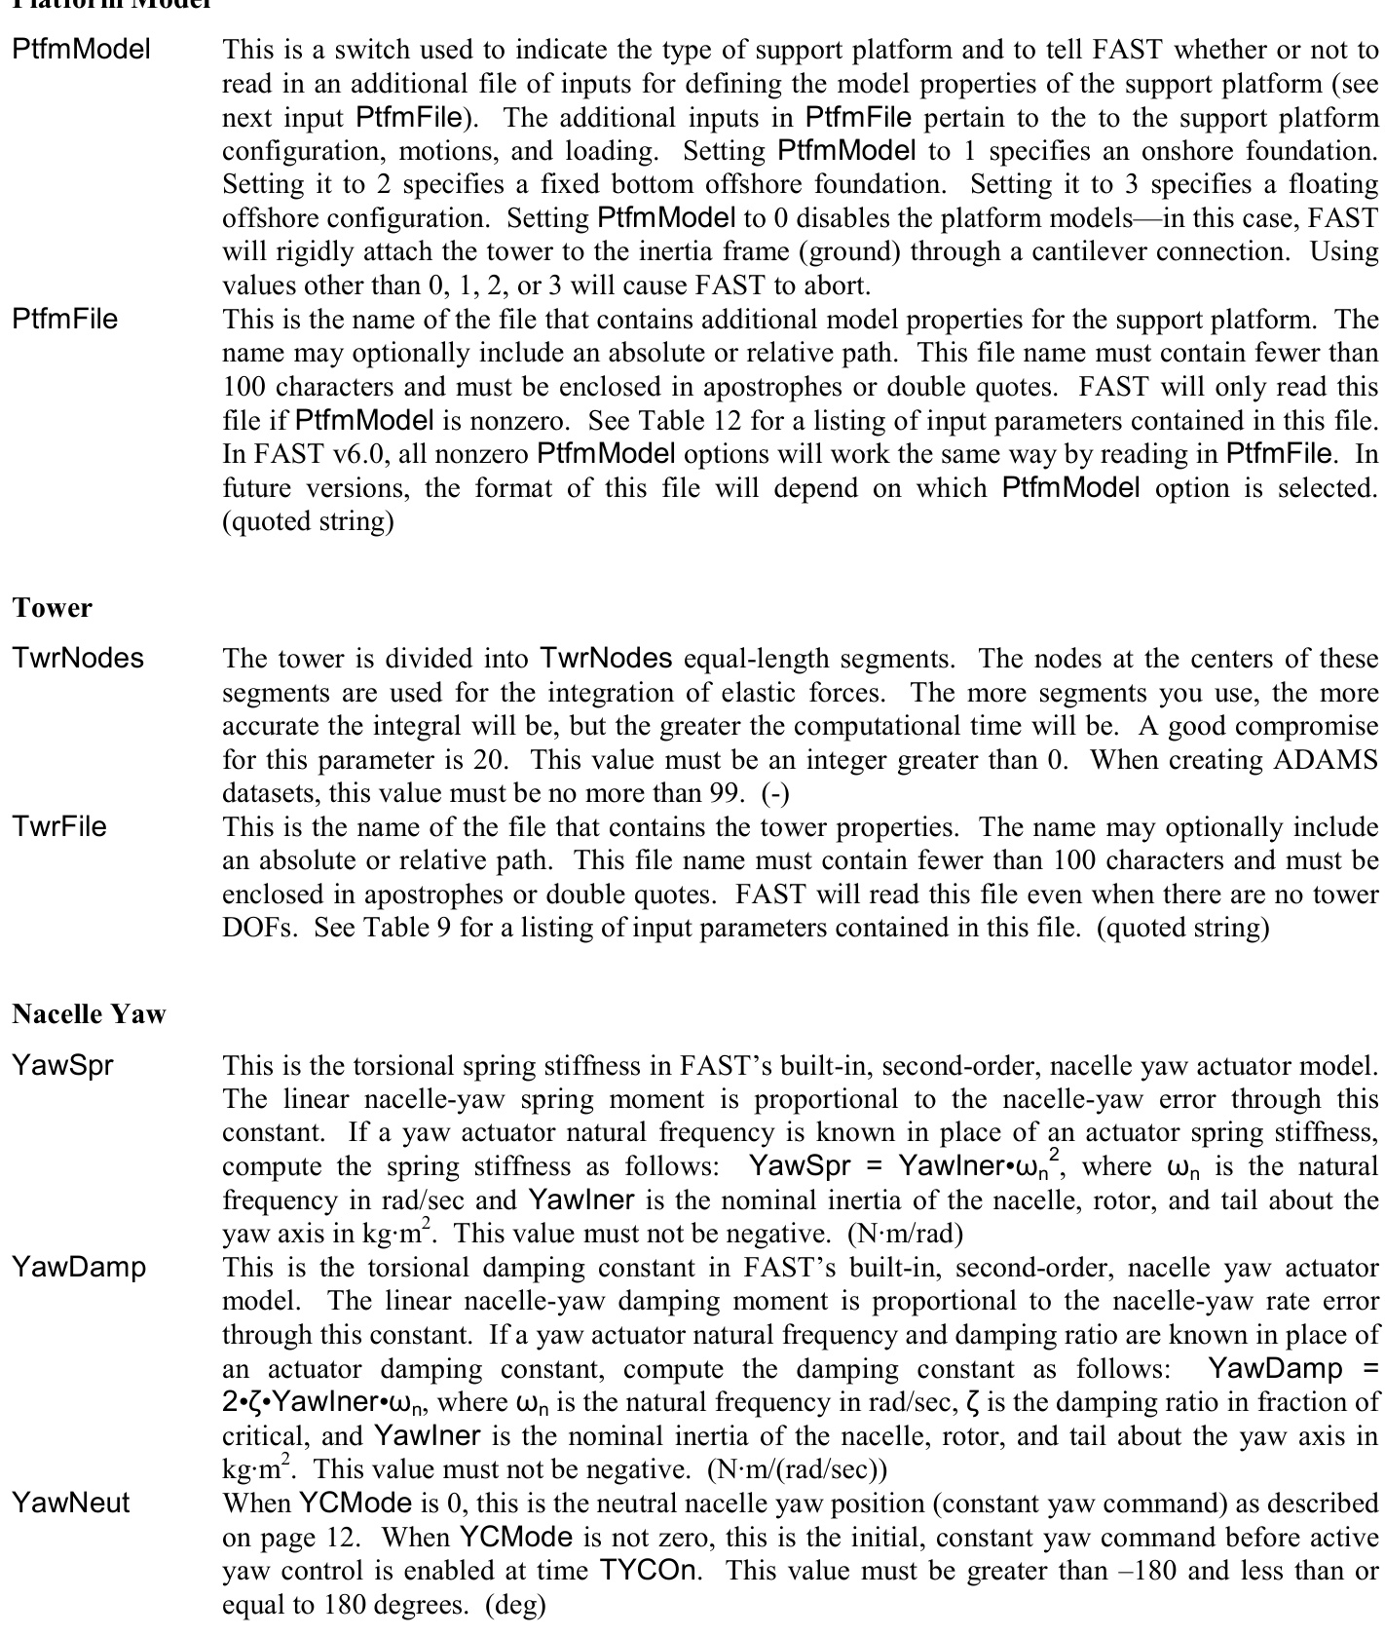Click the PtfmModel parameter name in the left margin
pos(82,50)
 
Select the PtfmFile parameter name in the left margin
pos(65,320)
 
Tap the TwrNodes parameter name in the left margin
pos(78,658)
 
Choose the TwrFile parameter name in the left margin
pos(59,827)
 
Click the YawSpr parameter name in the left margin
pos(62,1065)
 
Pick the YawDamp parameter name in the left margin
pos(79,1268)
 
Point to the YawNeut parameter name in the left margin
pos(71,1504)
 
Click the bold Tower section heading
pos(53,608)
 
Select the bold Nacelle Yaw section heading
pos(90,1014)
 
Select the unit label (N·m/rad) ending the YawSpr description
pos(905,1235)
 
